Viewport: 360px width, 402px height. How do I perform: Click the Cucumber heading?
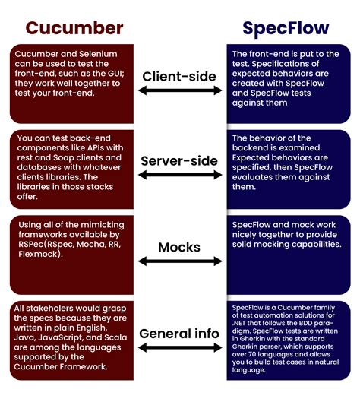tap(74, 28)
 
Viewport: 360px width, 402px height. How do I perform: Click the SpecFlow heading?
tap(286, 29)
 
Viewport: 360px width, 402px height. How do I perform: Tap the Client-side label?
tap(179, 77)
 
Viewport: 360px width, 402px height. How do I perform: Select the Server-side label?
tap(179, 161)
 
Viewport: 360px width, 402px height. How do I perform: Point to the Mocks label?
tap(179, 247)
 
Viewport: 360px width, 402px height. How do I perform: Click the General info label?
tap(179, 334)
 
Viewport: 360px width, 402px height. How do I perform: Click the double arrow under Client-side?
tap(180, 90)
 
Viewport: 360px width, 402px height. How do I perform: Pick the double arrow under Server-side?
tap(180, 175)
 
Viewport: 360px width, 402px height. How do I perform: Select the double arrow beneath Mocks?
tap(180, 261)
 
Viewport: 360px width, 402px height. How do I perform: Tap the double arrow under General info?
tap(180, 347)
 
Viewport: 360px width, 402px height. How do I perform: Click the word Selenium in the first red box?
tap(98, 54)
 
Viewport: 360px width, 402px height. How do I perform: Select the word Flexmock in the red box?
tap(38, 254)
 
